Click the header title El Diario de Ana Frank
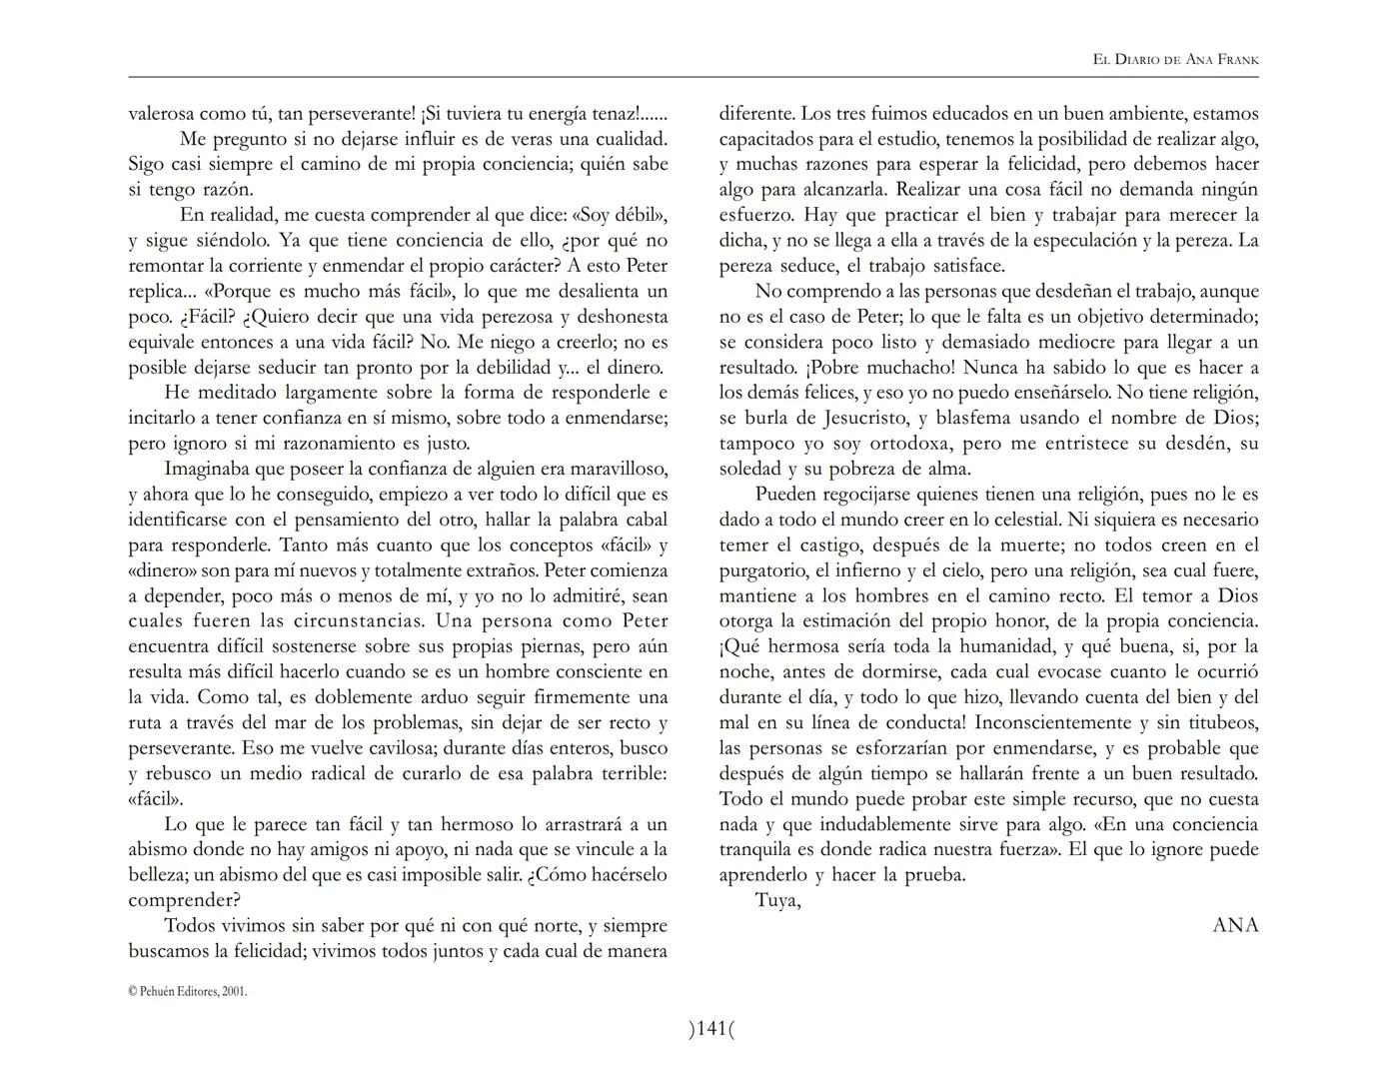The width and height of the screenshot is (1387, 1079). pos(1175,59)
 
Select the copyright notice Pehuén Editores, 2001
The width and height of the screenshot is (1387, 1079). pos(188,991)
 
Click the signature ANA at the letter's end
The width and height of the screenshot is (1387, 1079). pos(1235,925)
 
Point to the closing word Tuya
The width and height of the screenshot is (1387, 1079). pos(777,900)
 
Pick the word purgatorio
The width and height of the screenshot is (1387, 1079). pos(764,570)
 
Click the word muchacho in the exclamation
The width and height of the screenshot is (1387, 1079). pos(910,367)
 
